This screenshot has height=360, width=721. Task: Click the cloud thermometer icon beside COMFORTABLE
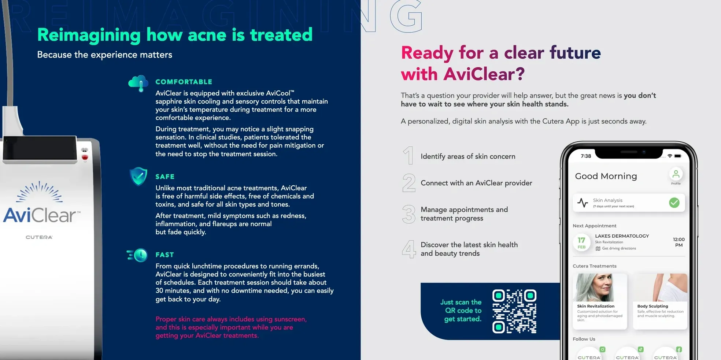point(138,83)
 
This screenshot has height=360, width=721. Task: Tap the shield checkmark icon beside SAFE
point(138,177)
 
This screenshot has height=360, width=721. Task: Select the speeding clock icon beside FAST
point(137,255)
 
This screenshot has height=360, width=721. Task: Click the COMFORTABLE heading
point(184,82)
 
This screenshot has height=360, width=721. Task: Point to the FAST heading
point(164,255)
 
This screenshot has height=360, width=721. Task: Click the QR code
point(514,311)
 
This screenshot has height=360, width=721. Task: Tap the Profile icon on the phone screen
point(676,174)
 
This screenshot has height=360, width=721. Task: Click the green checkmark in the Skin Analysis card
point(674,203)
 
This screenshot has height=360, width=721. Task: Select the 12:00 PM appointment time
point(679,242)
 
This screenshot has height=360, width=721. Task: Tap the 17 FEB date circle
point(581,242)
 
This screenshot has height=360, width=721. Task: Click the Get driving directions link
point(616,248)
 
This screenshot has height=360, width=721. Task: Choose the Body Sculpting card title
point(652,306)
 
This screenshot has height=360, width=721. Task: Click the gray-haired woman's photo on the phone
point(600,287)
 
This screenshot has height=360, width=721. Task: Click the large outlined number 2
point(409,183)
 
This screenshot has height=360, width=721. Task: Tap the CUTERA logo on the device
point(39,237)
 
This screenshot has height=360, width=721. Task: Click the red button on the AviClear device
point(85,157)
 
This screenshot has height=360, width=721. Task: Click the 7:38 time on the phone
point(586,156)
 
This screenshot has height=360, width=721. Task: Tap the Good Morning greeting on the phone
point(606,176)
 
